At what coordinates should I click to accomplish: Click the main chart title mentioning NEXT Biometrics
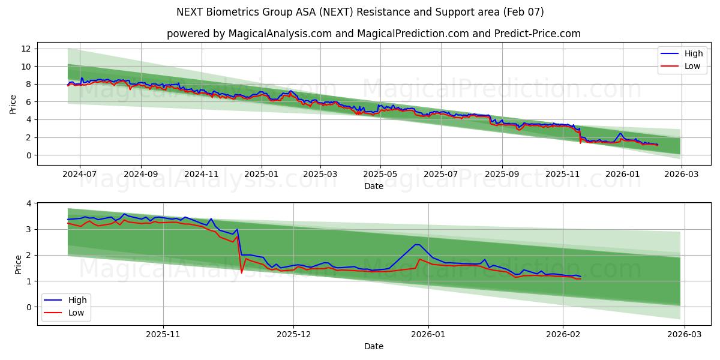[x=360, y=12]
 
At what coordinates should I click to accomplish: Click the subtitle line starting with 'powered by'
[x=373, y=34]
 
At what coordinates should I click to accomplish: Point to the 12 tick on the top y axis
[x=26, y=48]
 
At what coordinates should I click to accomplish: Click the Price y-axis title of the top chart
[x=13, y=104]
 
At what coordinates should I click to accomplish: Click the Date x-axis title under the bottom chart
[x=373, y=346]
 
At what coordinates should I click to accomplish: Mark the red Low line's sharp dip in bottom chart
[x=241, y=273]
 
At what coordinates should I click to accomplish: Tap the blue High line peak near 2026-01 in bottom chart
[x=416, y=244]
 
